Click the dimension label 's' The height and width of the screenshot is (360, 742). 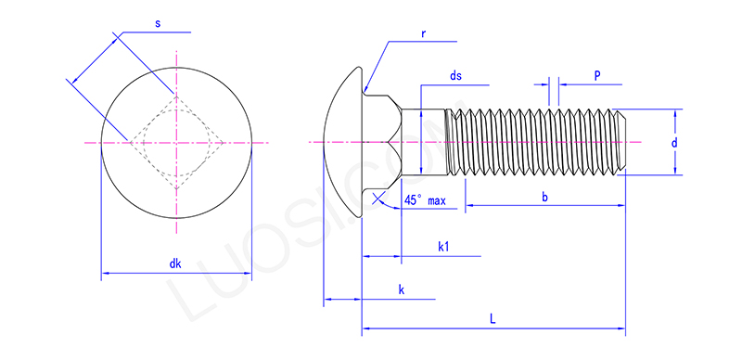[157, 22]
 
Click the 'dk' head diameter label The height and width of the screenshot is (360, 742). [174, 264]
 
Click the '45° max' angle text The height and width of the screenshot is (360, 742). [426, 200]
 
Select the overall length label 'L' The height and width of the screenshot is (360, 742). [493, 318]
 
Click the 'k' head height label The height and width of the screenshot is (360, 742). [401, 289]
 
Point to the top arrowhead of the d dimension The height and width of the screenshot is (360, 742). [675, 113]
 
